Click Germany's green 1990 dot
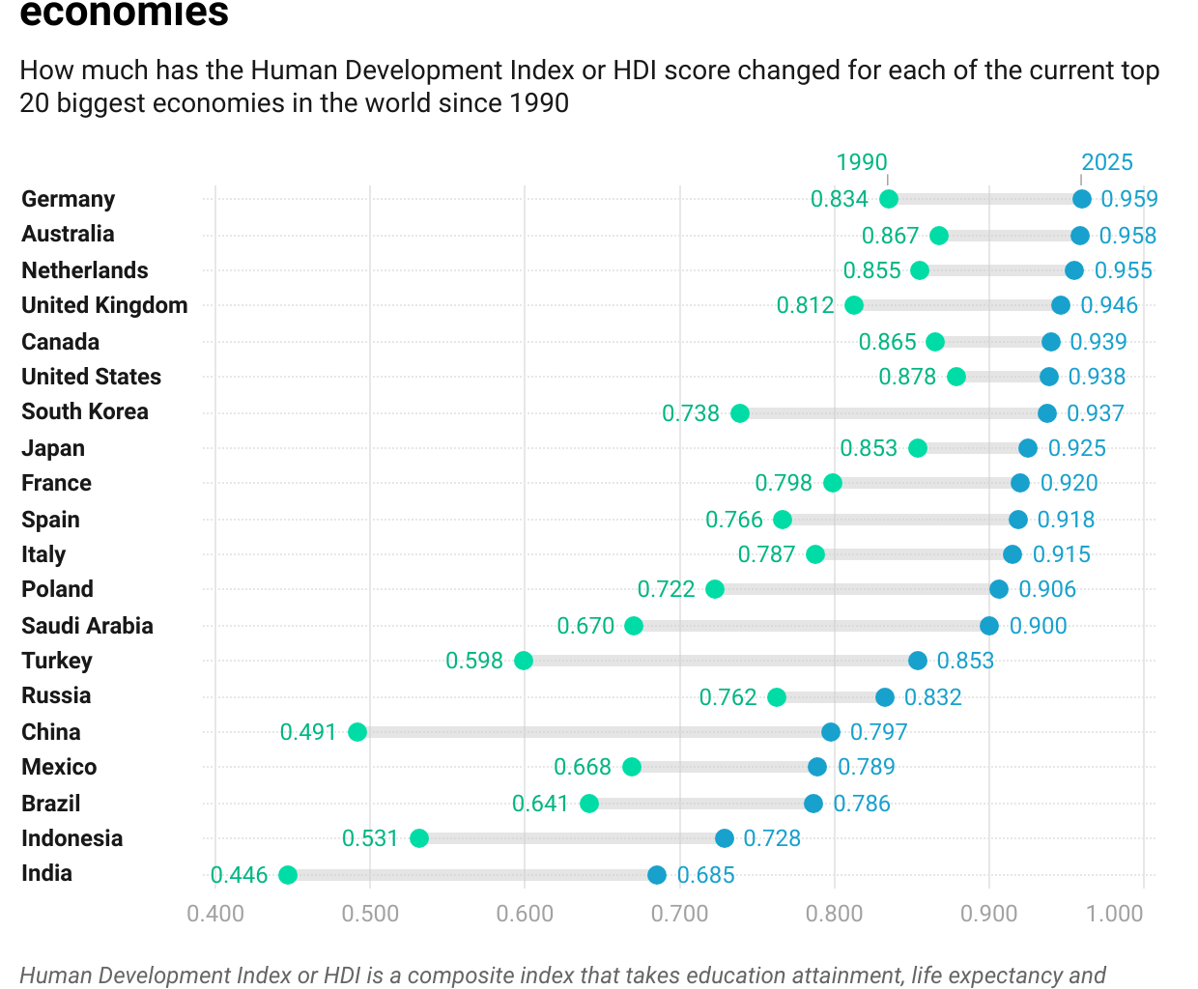click(x=889, y=199)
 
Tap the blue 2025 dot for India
click(x=657, y=875)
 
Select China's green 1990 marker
click(x=357, y=732)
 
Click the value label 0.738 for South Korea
click(x=690, y=413)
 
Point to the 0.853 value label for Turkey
click(x=965, y=661)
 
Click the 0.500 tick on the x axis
click(x=370, y=914)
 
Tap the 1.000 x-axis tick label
click(x=1114, y=914)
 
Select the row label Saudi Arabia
click(x=87, y=626)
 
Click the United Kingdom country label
click(x=104, y=305)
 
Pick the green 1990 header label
click(x=861, y=162)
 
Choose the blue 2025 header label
click(x=1106, y=162)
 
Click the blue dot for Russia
click(x=885, y=697)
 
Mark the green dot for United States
click(x=956, y=377)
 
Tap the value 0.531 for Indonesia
click(x=370, y=838)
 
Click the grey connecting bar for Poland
click(x=856, y=589)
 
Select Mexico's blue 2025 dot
click(x=817, y=767)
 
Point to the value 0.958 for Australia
click(x=1127, y=236)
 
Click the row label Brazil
click(x=50, y=804)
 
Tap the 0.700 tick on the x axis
click(x=679, y=914)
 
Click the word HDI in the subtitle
click(x=634, y=71)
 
